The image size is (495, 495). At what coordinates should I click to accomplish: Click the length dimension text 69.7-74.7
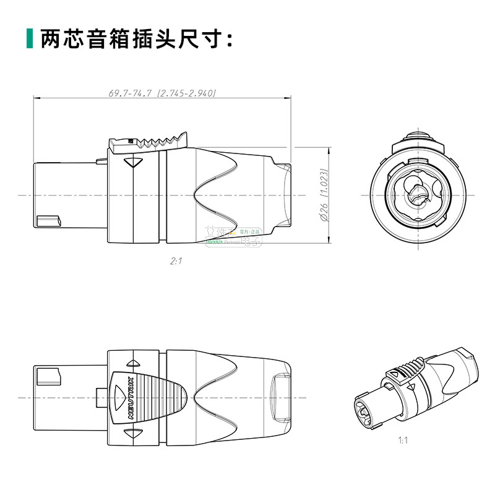pyautogui.click(x=131, y=93)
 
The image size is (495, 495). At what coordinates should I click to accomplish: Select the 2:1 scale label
pyautogui.click(x=176, y=262)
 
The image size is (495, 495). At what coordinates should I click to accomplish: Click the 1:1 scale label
pyautogui.click(x=403, y=441)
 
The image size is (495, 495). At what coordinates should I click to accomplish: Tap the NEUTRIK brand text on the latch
pyautogui.click(x=130, y=396)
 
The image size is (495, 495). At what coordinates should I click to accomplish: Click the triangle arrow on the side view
pyautogui.click(x=133, y=163)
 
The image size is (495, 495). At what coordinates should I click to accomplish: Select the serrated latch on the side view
pyautogui.click(x=148, y=142)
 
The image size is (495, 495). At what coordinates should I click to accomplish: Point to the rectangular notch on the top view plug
pyautogui.click(x=47, y=377)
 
